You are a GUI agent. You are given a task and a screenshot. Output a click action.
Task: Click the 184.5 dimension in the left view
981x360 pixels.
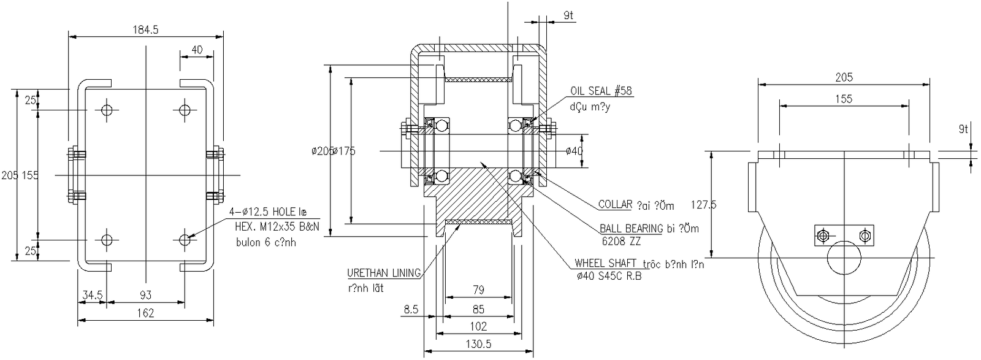point(145,29)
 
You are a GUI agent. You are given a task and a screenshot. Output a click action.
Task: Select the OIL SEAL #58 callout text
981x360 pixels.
point(601,91)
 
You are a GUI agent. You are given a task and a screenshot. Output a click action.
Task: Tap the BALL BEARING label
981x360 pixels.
point(632,229)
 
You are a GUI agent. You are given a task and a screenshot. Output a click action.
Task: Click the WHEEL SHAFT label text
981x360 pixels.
point(604,264)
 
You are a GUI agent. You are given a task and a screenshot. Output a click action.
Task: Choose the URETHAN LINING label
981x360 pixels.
point(384,274)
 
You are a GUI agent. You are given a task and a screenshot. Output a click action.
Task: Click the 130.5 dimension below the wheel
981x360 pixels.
point(478,345)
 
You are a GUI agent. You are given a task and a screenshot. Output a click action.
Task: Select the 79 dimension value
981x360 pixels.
point(479,289)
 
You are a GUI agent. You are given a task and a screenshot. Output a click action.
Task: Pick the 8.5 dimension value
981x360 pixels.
point(411,310)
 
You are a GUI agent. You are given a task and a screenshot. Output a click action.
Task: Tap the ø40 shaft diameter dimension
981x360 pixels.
point(573,151)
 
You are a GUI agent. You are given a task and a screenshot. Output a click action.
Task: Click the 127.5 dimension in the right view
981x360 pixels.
point(703,205)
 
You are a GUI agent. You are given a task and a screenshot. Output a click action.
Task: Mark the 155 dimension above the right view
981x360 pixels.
point(844,99)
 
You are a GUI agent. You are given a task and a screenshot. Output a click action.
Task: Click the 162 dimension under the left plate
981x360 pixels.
point(145,313)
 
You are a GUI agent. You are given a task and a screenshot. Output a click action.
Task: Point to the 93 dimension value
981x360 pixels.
point(145,295)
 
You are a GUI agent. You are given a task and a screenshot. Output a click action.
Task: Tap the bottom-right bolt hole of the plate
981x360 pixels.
point(185,239)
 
